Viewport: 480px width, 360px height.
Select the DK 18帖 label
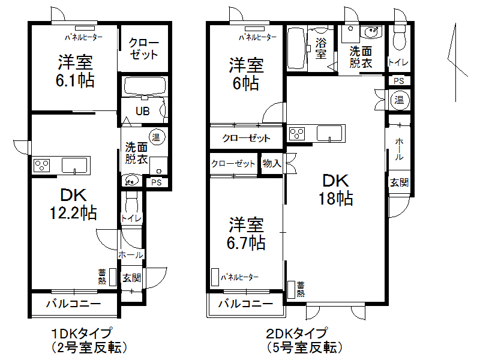335,190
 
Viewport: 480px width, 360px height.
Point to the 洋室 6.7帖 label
247,234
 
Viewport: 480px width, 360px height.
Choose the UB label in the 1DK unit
142,111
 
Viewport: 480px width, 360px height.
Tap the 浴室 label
321,48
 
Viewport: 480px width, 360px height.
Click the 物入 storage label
272,163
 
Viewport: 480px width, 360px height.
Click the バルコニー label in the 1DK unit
74,304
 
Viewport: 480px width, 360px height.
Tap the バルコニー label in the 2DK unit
245,304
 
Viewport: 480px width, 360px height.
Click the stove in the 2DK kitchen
297,134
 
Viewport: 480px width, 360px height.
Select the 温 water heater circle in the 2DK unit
399,100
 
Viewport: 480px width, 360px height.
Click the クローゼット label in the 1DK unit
143,49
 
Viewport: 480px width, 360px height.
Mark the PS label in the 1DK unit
157,182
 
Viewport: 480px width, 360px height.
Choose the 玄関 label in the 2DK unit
399,182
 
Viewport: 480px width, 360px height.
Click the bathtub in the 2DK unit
297,48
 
